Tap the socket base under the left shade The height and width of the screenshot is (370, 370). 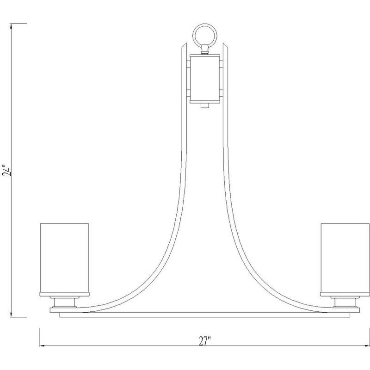[x=64, y=302]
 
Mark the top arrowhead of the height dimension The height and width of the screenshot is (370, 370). [x=12, y=26]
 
